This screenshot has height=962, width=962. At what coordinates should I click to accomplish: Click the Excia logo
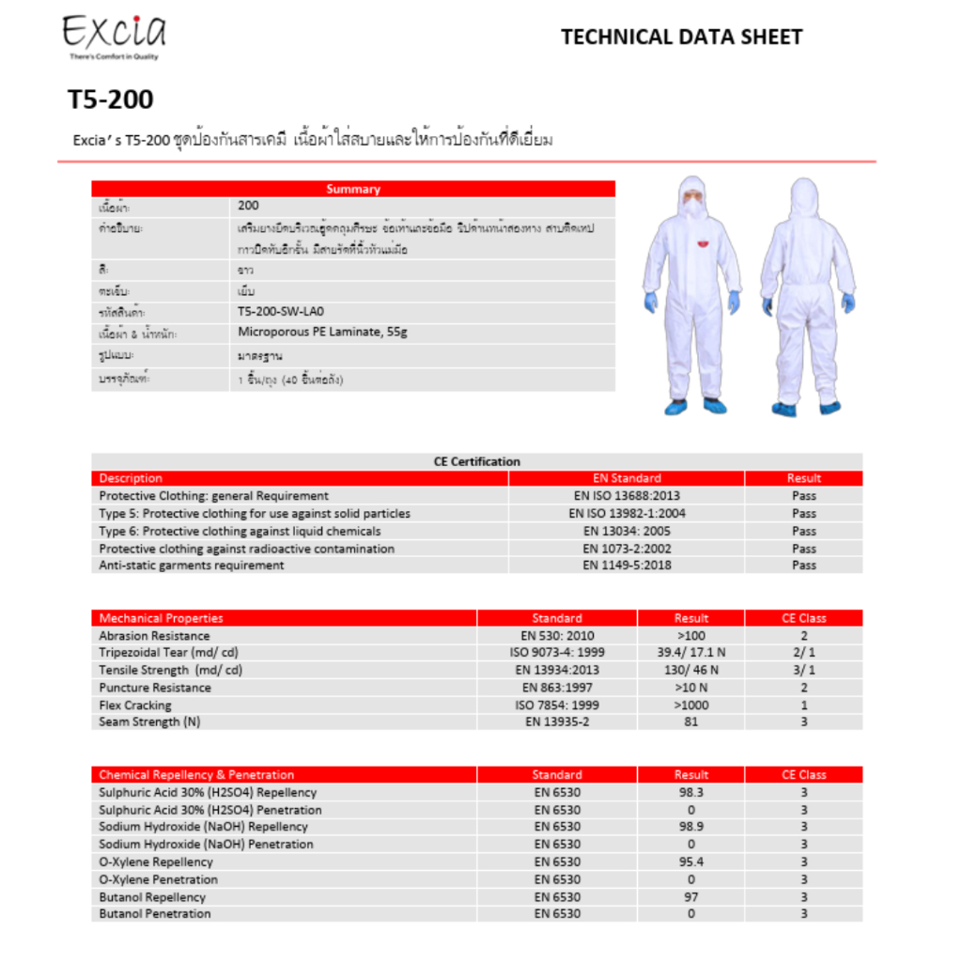coord(114,35)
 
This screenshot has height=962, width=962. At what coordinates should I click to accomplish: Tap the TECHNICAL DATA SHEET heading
coord(681,38)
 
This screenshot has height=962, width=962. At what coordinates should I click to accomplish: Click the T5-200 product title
coord(110,99)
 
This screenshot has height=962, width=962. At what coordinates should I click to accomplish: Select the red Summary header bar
coord(353,189)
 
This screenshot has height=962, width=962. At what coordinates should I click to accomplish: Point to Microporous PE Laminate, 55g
coord(322,333)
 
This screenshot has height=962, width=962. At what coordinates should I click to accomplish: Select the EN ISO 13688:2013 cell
coord(627,496)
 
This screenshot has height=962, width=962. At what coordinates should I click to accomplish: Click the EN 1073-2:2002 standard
coord(627,549)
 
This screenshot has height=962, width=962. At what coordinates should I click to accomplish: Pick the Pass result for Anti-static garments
coord(803,566)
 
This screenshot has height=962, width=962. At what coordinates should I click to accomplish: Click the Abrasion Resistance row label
coord(154,636)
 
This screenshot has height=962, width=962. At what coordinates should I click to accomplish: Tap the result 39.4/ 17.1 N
coord(690,653)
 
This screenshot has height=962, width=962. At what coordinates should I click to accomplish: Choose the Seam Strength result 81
coord(690,722)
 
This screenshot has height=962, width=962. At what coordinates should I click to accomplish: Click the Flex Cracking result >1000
coord(690,706)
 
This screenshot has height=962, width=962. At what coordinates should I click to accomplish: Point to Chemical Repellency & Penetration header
coord(196,775)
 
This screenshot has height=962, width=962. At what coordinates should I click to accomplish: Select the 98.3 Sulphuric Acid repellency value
coord(690,793)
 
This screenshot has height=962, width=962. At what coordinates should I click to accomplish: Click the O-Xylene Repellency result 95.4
coord(690,862)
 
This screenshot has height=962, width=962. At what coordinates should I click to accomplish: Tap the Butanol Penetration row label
coord(155,914)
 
